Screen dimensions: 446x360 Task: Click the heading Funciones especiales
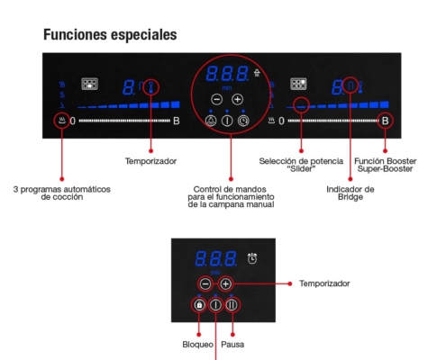pos(110,34)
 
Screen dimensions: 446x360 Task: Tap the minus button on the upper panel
pos(216,99)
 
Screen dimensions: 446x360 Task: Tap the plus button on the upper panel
pos(237,99)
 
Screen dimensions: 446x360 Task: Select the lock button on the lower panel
pos(199,305)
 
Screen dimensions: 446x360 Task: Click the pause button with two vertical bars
pos(232,305)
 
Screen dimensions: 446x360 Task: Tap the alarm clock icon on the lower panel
pos(252,258)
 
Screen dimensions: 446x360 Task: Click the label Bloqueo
pos(197,345)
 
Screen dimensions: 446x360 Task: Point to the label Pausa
pos(232,345)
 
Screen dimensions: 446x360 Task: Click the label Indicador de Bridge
pos(350,193)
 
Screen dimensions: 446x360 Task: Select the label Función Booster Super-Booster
pos(386,165)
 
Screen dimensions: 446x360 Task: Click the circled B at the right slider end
pos(385,121)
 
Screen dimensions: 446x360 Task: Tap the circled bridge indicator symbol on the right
pos(350,85)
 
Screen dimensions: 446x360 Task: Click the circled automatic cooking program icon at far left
pos(62,121)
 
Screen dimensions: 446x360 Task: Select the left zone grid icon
pos(90,84)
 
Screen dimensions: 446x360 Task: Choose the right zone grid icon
pos(298,84)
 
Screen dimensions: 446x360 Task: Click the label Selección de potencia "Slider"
pos(301,165)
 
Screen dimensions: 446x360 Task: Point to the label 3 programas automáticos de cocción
pos(62,193)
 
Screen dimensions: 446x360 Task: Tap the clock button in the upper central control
pos(243,121)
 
